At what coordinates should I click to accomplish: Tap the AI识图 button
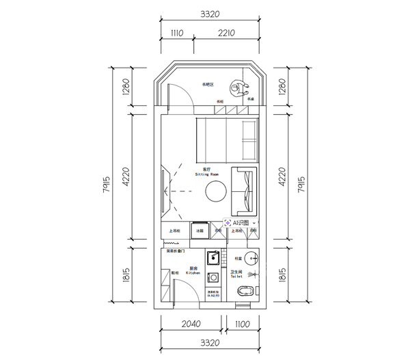tap(240, 223)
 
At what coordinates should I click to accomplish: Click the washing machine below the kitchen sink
tap(213, 278)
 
